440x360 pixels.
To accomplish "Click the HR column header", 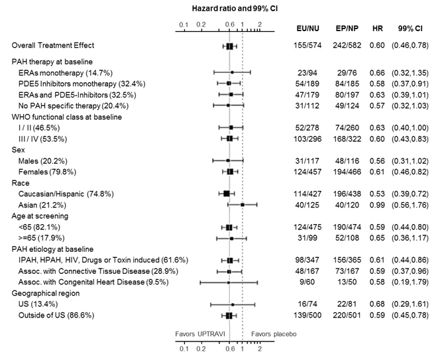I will (x=378, y=30).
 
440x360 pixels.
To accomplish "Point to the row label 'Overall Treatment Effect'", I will (x=53, y=46).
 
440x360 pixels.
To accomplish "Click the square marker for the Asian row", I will (x=243, y=205).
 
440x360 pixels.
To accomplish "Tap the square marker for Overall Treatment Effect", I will (x=229, y=46).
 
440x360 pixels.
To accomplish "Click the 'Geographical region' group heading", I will (x=46, y=293).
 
